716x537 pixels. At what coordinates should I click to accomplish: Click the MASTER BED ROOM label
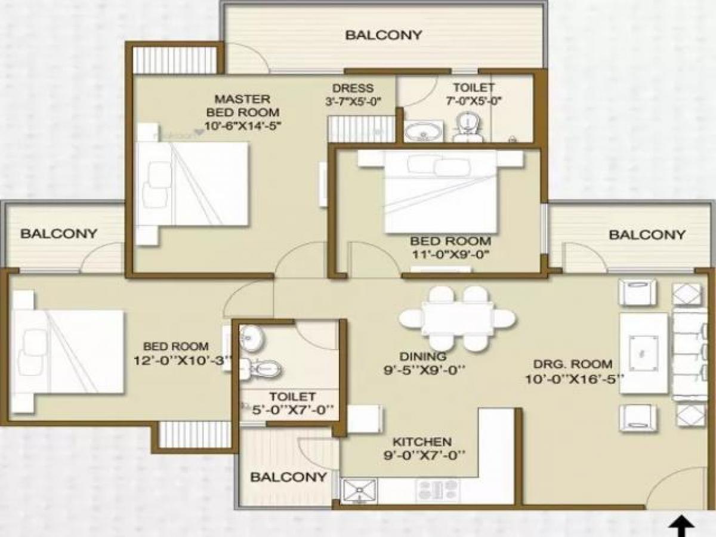tap(242, 105)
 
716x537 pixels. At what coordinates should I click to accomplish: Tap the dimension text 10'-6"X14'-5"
tap(242, 125)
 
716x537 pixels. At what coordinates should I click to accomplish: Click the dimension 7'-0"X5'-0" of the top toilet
tap(473, 101)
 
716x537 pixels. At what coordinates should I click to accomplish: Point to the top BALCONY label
tap(384, 35)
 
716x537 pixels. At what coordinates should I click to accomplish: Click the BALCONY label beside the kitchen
tap(288, 477)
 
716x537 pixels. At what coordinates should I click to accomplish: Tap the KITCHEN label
tap(421, 442)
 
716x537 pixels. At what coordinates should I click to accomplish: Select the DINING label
tap(424, 356)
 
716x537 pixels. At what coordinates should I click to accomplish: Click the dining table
tap(457, 319)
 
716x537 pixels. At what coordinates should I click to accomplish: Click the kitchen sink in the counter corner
tap(359, 490)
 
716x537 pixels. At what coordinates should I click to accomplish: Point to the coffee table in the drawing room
tap(643, 353)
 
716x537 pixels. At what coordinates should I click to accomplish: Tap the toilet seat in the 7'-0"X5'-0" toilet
tap(467, 126)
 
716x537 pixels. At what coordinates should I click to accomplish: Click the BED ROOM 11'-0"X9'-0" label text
tap(450, 241)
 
